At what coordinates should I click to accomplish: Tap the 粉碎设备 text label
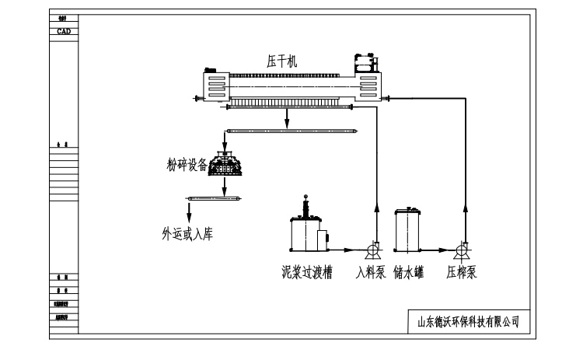pos(187,164)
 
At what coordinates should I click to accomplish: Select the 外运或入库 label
pos(187,232)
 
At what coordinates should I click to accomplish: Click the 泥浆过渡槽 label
pos(307,273)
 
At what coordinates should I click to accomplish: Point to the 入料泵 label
pos(371,273)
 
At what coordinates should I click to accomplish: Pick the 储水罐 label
pos(409,273)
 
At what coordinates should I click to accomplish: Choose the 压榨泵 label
pos(462,273)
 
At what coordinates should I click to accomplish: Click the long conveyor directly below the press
pos(291,131)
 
